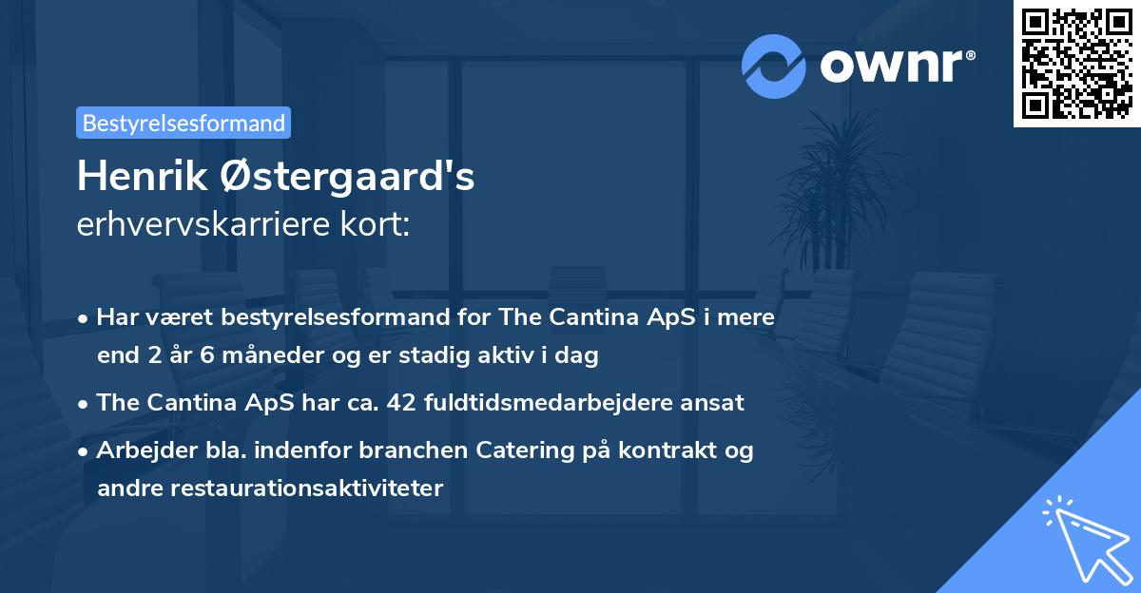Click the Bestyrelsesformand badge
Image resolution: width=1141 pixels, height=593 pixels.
(x=184, y=123)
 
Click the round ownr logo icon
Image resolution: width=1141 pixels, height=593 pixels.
(x=774, y=66)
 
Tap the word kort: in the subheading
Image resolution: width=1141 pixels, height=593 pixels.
(x=377, y=224)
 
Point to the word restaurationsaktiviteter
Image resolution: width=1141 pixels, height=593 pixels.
(x=270, y=488)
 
